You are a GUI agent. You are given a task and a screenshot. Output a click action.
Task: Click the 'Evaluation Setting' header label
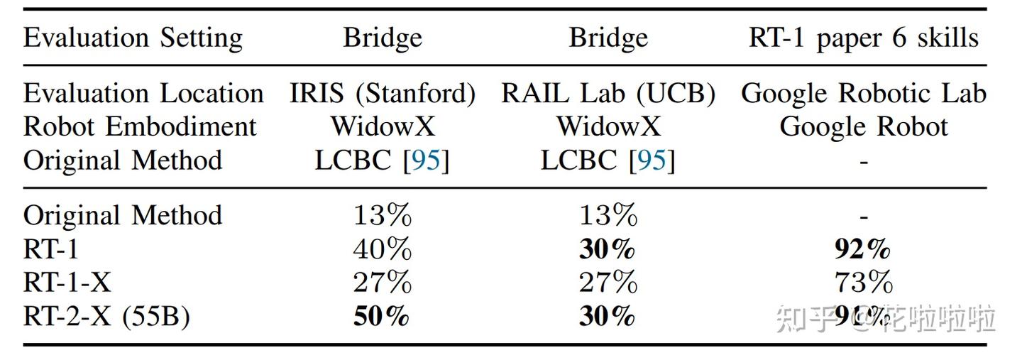pos(133,38)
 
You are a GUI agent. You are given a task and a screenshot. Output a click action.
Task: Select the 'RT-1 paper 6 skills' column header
pos(863,38)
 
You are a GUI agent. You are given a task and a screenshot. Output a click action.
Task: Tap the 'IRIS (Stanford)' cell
pos(383,93)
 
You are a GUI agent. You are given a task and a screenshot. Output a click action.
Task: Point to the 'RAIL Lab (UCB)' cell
pos(608,93)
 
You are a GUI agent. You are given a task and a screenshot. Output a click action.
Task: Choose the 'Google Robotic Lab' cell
pos(863,93)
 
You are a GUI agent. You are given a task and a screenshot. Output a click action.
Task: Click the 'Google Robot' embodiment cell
pos(863,126)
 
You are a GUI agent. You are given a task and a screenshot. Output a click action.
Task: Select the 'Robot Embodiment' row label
pos(140,126)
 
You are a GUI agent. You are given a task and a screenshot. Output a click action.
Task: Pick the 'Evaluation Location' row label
pos(143,93)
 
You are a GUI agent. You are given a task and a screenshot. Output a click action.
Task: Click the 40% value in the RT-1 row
pos(383,249)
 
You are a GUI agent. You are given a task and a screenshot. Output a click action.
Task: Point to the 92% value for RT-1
pos(863,249)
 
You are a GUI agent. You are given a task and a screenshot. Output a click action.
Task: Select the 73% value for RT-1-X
pos(863,283)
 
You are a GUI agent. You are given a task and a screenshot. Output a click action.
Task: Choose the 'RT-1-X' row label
pos(67,283)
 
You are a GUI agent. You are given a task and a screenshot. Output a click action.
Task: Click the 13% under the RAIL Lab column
pos(608,214)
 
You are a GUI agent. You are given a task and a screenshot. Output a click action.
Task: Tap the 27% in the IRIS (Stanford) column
pos(383,283)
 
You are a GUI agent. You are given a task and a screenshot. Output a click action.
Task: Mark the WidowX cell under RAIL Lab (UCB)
pos(608,126)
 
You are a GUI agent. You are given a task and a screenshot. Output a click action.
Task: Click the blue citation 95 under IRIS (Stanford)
pos(426,160)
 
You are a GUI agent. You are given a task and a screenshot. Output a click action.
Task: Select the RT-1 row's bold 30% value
pos(608,249)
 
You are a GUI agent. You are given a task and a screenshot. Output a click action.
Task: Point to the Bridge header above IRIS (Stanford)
pos(383,38)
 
